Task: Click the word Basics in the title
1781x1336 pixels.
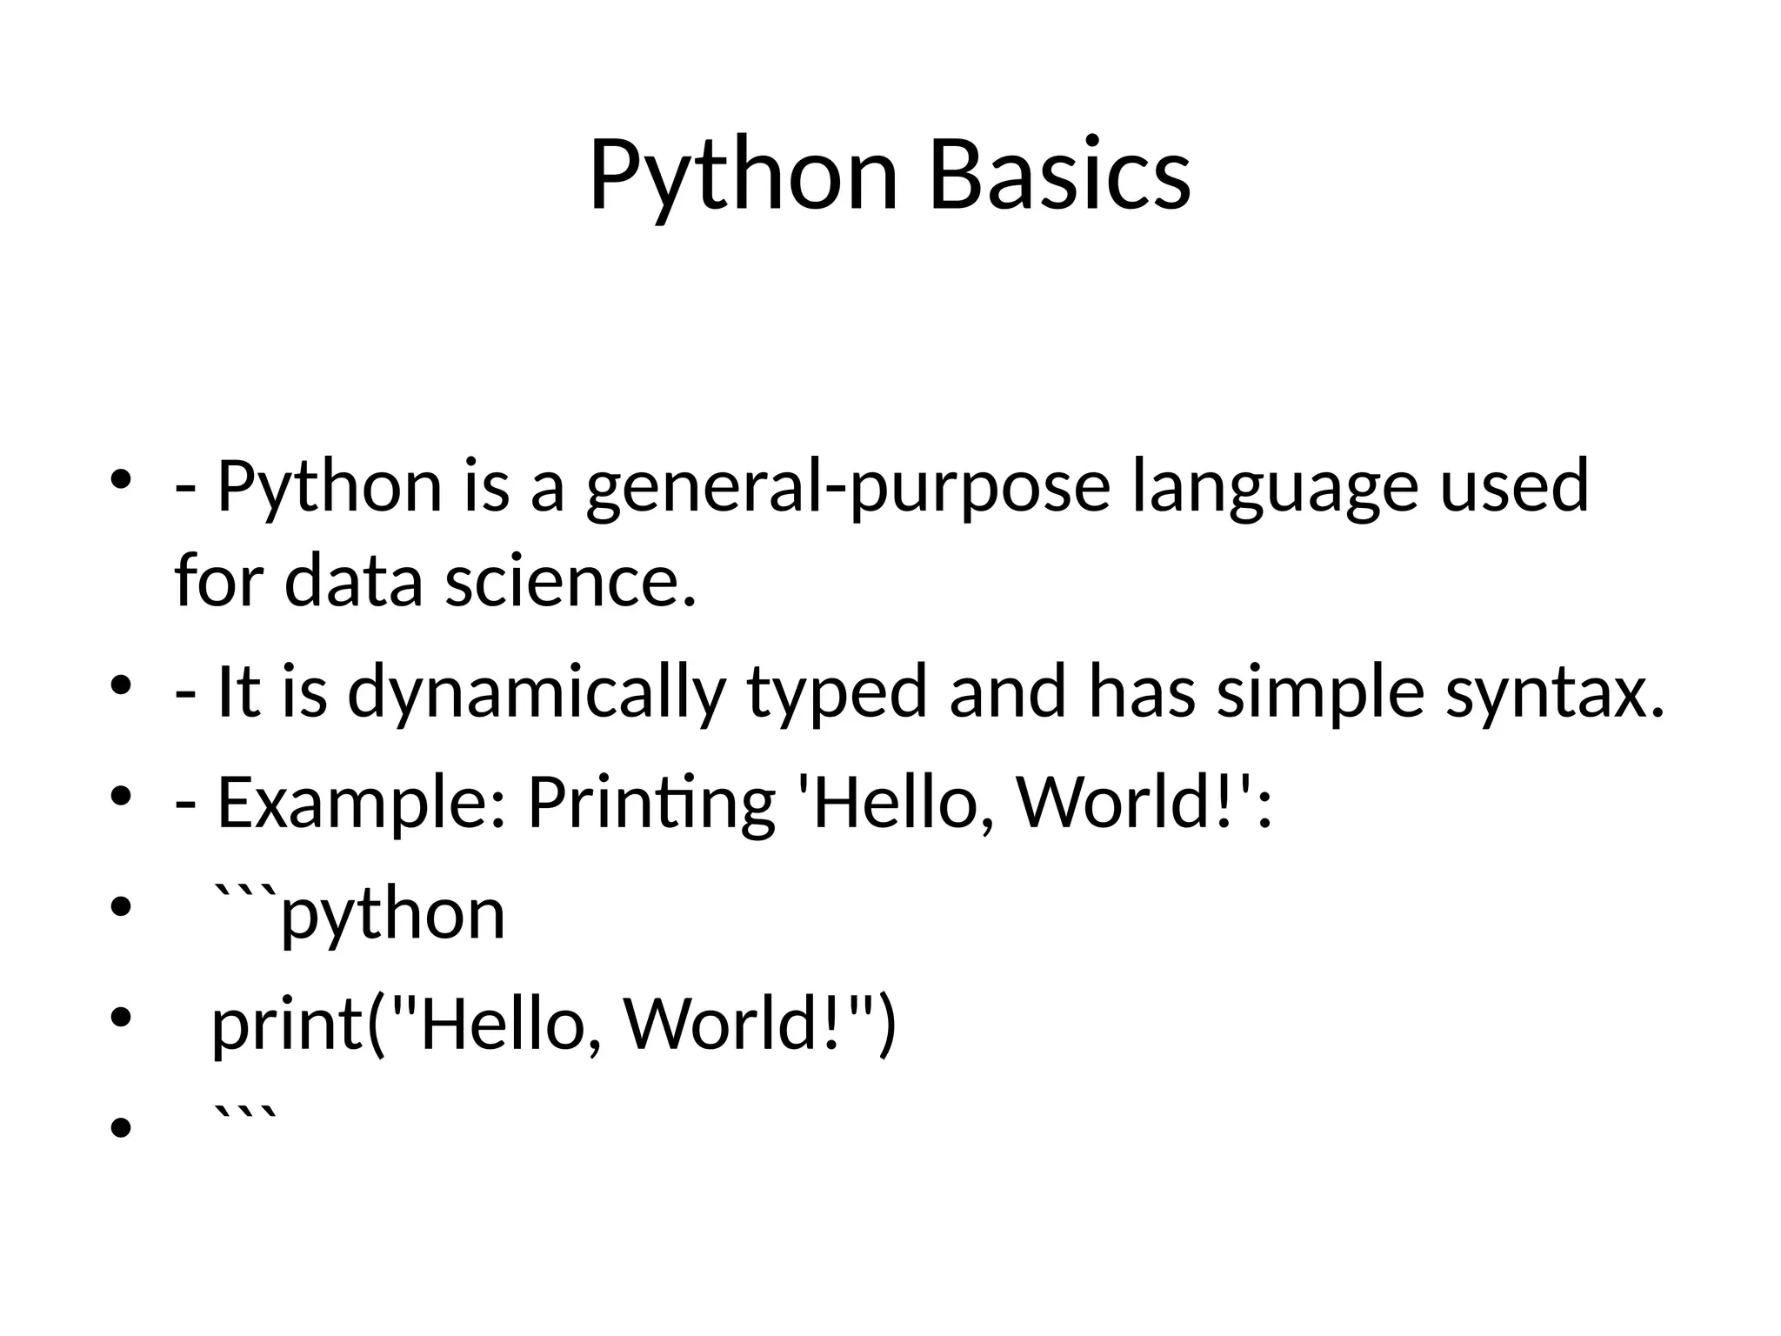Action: pyautogui.click(x=1060, y=176)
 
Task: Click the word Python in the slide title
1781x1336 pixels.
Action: pyautogui.click(x=744, y=176)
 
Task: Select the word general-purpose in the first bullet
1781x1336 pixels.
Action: pyautogui.click(x=848, y=487)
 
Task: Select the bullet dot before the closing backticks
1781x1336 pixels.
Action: pyautogui.click(x=121, y=1128)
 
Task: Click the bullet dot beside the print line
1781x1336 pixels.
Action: pyautogui.click(x=121, y=1016)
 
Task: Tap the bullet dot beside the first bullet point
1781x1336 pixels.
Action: pyautogui.click(x=121, y=479)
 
